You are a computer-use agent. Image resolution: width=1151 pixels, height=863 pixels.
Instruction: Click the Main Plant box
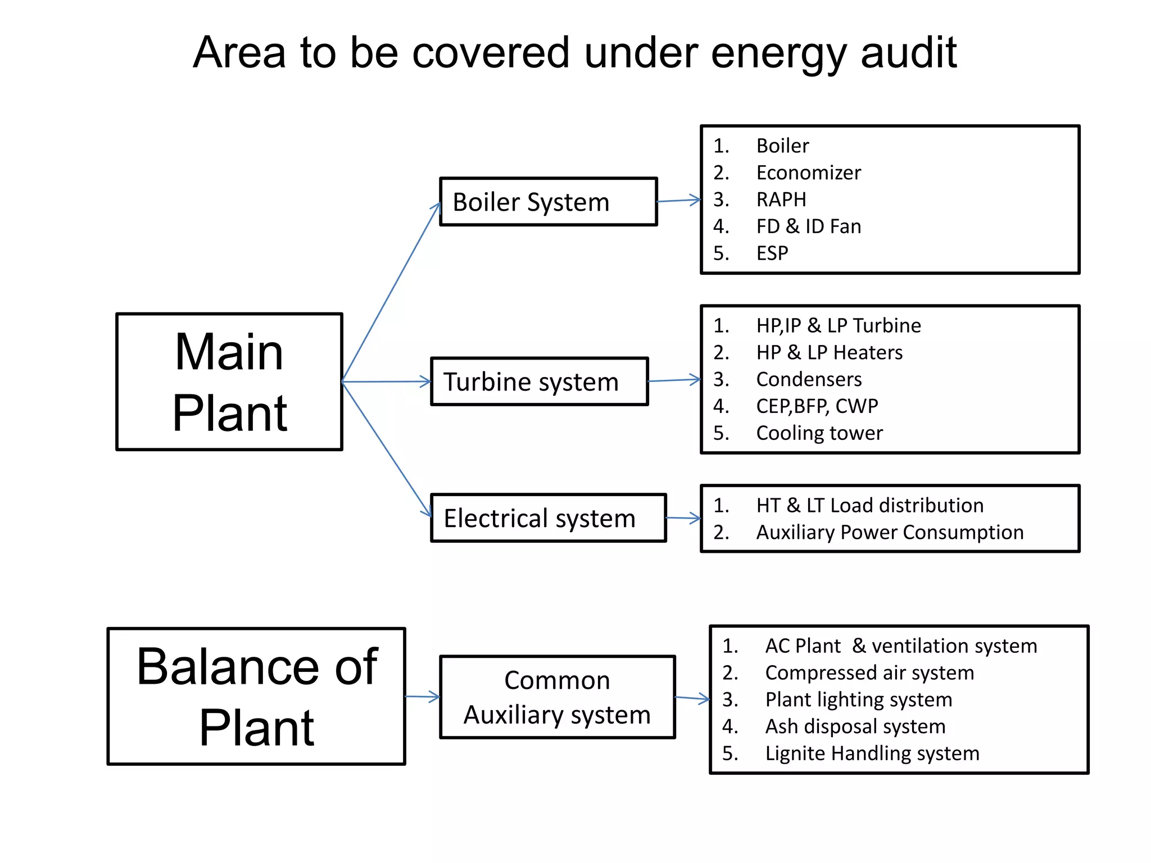coord(229,381)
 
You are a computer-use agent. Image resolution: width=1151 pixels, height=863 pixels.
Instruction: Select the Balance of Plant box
coord(256,696)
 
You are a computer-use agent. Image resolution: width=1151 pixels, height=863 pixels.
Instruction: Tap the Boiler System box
coord(548,202)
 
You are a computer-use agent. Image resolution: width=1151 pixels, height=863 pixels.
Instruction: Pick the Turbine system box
coord(539,381)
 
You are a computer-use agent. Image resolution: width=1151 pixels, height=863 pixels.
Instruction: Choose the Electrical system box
coord(548,518)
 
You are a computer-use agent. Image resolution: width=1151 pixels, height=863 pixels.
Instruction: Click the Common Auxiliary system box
coord(557,697)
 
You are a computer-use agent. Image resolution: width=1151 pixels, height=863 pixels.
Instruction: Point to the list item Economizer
coord(808,172)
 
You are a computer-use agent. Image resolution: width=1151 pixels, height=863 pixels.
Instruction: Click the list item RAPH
coord(781,199)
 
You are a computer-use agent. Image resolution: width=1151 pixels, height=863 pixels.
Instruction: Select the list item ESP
coord(772,253)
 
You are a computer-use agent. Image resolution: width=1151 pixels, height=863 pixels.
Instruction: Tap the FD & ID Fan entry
coord(808,226)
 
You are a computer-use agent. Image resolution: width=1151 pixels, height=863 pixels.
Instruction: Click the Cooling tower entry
coord(819,433)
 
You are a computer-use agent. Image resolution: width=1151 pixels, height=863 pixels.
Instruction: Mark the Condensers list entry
coord(808,379)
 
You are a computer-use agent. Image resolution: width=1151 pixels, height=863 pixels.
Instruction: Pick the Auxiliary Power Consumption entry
coord(889,532)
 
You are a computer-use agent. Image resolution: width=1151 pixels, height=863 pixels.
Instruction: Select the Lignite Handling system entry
coord(872,753)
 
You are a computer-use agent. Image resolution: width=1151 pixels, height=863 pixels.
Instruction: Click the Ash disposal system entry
coord(855,726)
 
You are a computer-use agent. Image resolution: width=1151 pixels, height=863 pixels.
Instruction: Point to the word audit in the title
coord(908,53)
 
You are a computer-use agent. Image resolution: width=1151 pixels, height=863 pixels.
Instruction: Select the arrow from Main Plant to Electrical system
coord(387,449)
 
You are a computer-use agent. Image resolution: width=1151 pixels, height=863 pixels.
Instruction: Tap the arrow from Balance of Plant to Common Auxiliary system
coord(422,697)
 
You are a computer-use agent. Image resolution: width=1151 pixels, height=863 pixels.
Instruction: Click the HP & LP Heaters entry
coord(829,352)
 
